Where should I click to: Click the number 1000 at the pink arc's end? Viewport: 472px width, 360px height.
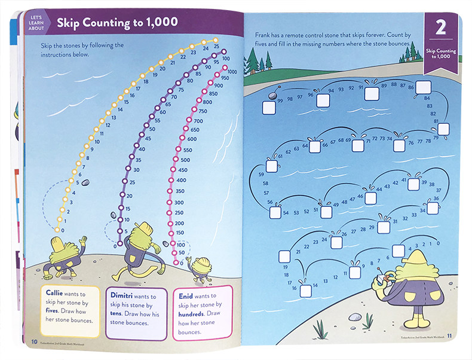pos(232,71)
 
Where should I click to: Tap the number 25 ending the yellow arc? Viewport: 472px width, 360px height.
pos(216,47)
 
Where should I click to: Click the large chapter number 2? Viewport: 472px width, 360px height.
pos(442,28)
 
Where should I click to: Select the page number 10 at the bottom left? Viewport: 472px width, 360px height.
pos(33,342)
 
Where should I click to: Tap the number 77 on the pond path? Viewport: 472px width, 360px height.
pos(419,142)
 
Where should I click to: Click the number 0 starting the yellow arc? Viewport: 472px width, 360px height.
pos(63,230)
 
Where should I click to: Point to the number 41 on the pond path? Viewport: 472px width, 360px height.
pos(404,179)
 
